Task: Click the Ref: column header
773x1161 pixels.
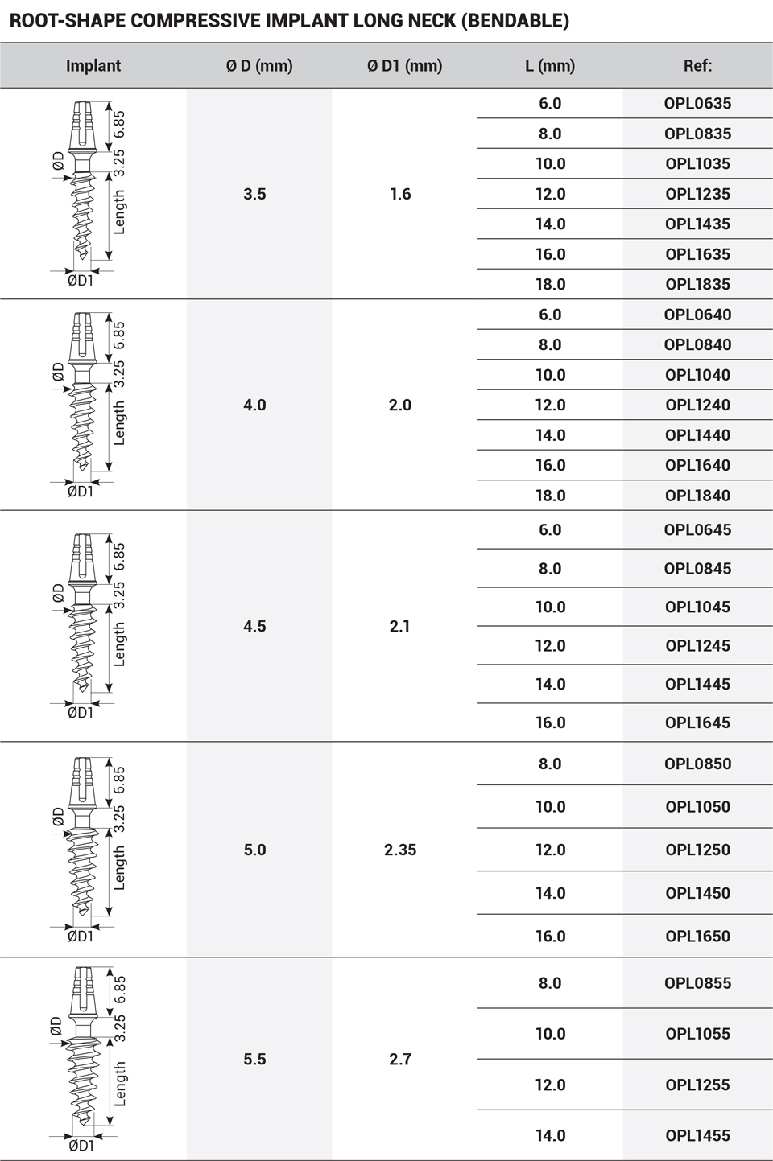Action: [697, 66]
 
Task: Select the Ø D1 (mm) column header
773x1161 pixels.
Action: [404, 66]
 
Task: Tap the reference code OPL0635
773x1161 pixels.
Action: [697, 103]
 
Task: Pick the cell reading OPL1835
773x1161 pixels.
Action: [697, 284]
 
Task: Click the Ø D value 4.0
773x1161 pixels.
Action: [254, 405]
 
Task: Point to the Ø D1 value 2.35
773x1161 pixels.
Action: [400, 850]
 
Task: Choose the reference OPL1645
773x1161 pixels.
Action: [697, 723]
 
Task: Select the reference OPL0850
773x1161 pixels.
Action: [697, 764]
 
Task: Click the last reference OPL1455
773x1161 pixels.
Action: [697, 1135]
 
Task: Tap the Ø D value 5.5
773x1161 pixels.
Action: [254, 1059]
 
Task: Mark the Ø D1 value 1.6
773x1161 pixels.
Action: [400, 194]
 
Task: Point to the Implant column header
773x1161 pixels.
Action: [93, 66]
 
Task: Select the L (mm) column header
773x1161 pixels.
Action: [550, 66]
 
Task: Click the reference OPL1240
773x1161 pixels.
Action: [697, 405]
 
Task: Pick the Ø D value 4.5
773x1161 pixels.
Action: [254, 626]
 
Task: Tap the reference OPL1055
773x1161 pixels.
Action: [697, 1034]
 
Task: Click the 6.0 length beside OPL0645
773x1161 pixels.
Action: [550, 529]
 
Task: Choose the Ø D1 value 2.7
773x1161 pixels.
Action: [400, 1059]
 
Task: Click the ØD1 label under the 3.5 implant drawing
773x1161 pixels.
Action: [81, 280]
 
